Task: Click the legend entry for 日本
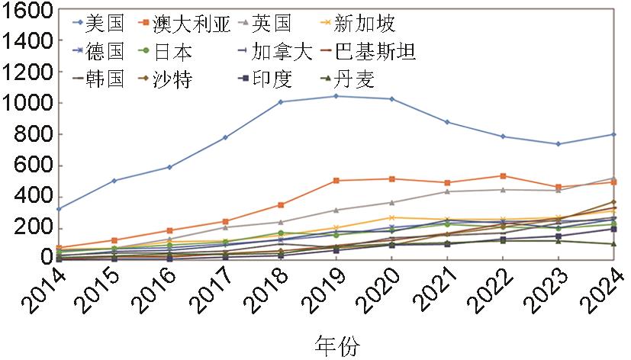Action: (x=172, y=51)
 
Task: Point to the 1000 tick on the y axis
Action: (x=27, y=103)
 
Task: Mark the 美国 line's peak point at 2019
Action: (x=336, y=96)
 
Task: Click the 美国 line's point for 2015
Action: (x=114, y=181)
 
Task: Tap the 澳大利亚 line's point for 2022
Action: (x=503, y=175)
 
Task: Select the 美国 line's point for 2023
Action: (x=559, y=144)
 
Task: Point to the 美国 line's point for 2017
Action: (x=225, y=137)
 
